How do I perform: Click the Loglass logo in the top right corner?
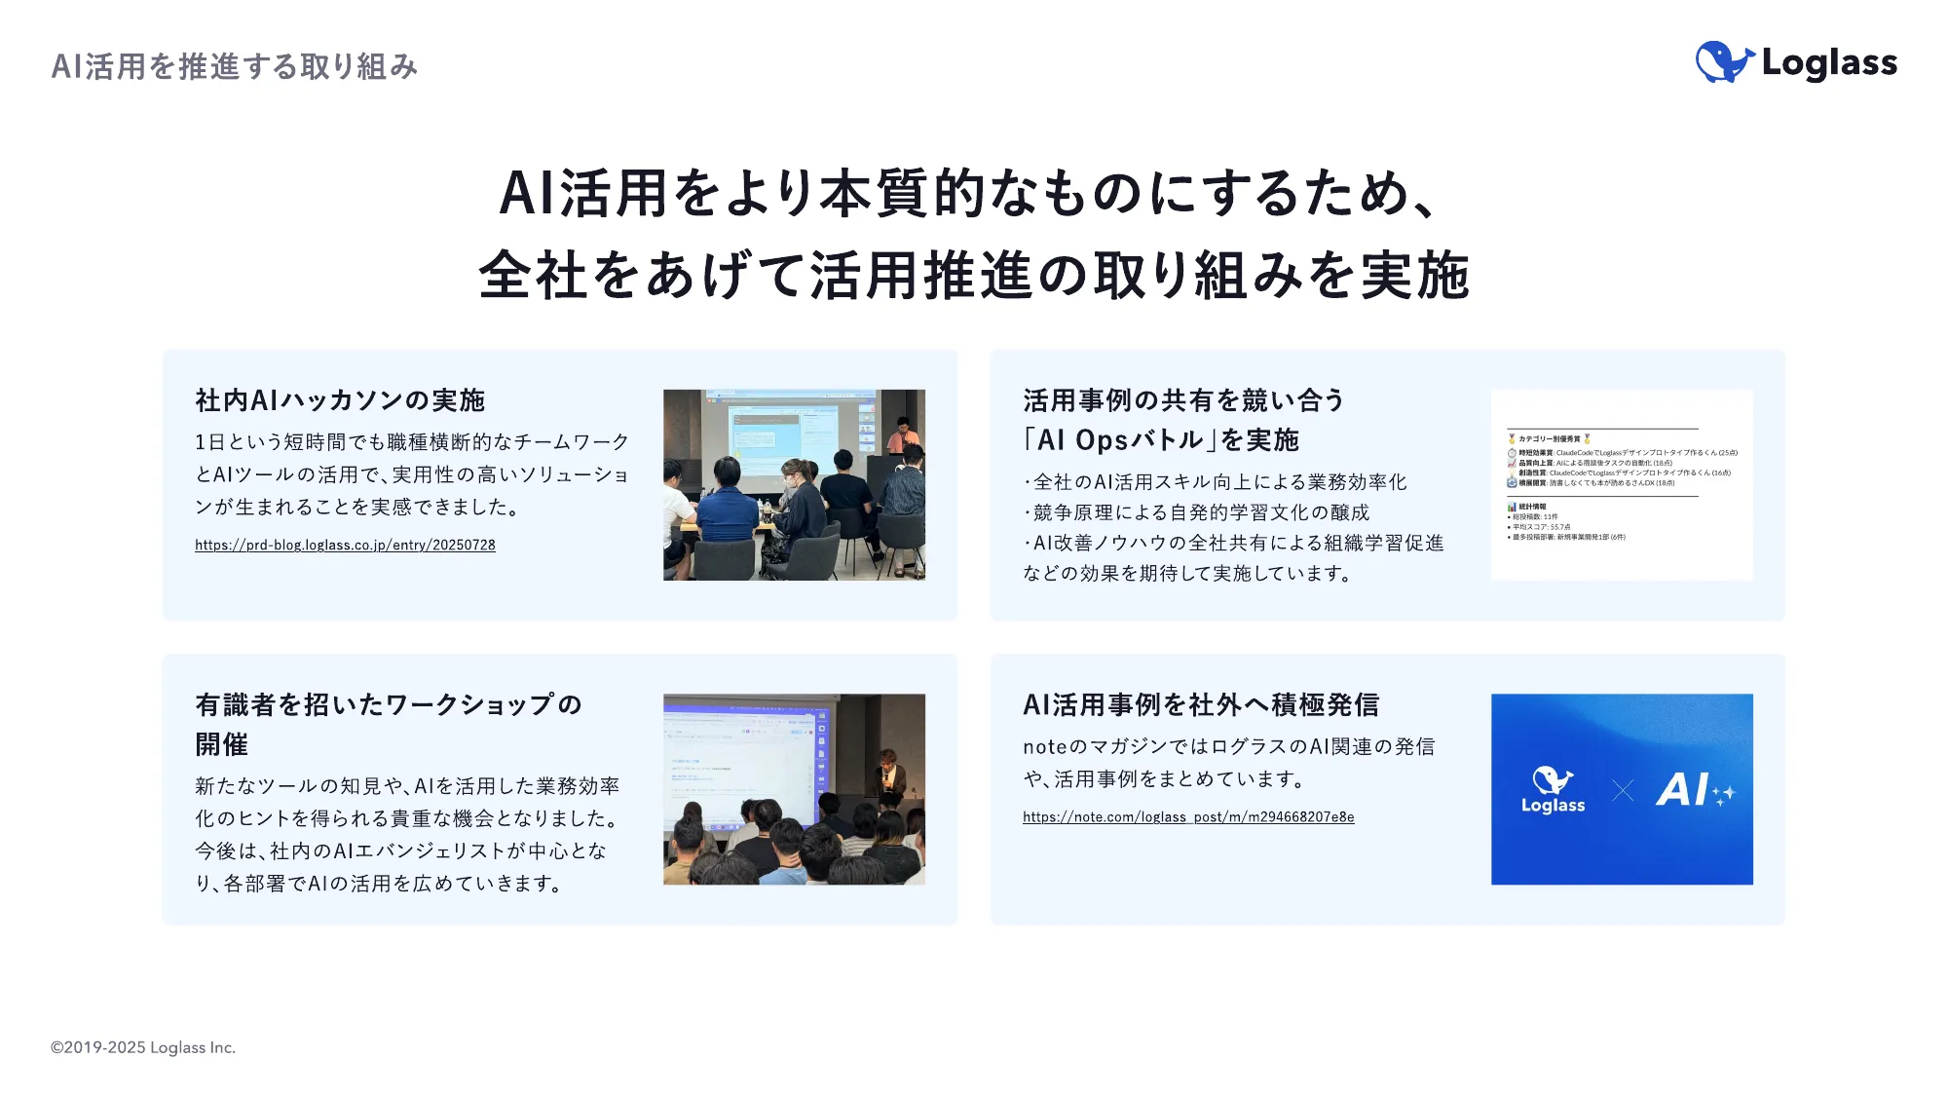coord(1796,62)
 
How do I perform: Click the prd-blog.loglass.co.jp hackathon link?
coord(345,546)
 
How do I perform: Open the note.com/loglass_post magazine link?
coord(1187,817)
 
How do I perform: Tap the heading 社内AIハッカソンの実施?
coord(340,400)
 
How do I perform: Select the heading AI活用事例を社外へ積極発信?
coord(1201,704)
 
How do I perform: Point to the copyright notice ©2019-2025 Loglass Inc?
coord(143,1047)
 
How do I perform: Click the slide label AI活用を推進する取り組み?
coord(235,66)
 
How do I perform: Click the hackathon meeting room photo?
coord(794,485)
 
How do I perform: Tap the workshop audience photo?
coord(794,789)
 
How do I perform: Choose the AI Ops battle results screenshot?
coord(1622,485)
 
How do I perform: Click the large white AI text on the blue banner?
coord(1684,790)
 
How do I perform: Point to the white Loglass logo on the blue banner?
coord(1553,790)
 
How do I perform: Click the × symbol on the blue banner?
coord(1623,791)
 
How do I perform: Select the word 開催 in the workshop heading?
coord(222,745)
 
